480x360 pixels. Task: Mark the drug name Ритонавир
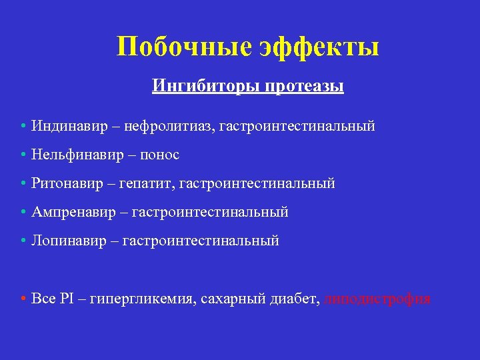[x=63, y=183]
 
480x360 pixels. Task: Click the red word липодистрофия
[x=377, y=299]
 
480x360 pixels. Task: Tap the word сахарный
[x=225, y=299]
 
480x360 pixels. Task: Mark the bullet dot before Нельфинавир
[x=23, y=155]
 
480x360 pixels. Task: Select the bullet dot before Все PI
[x=23, y=299]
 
